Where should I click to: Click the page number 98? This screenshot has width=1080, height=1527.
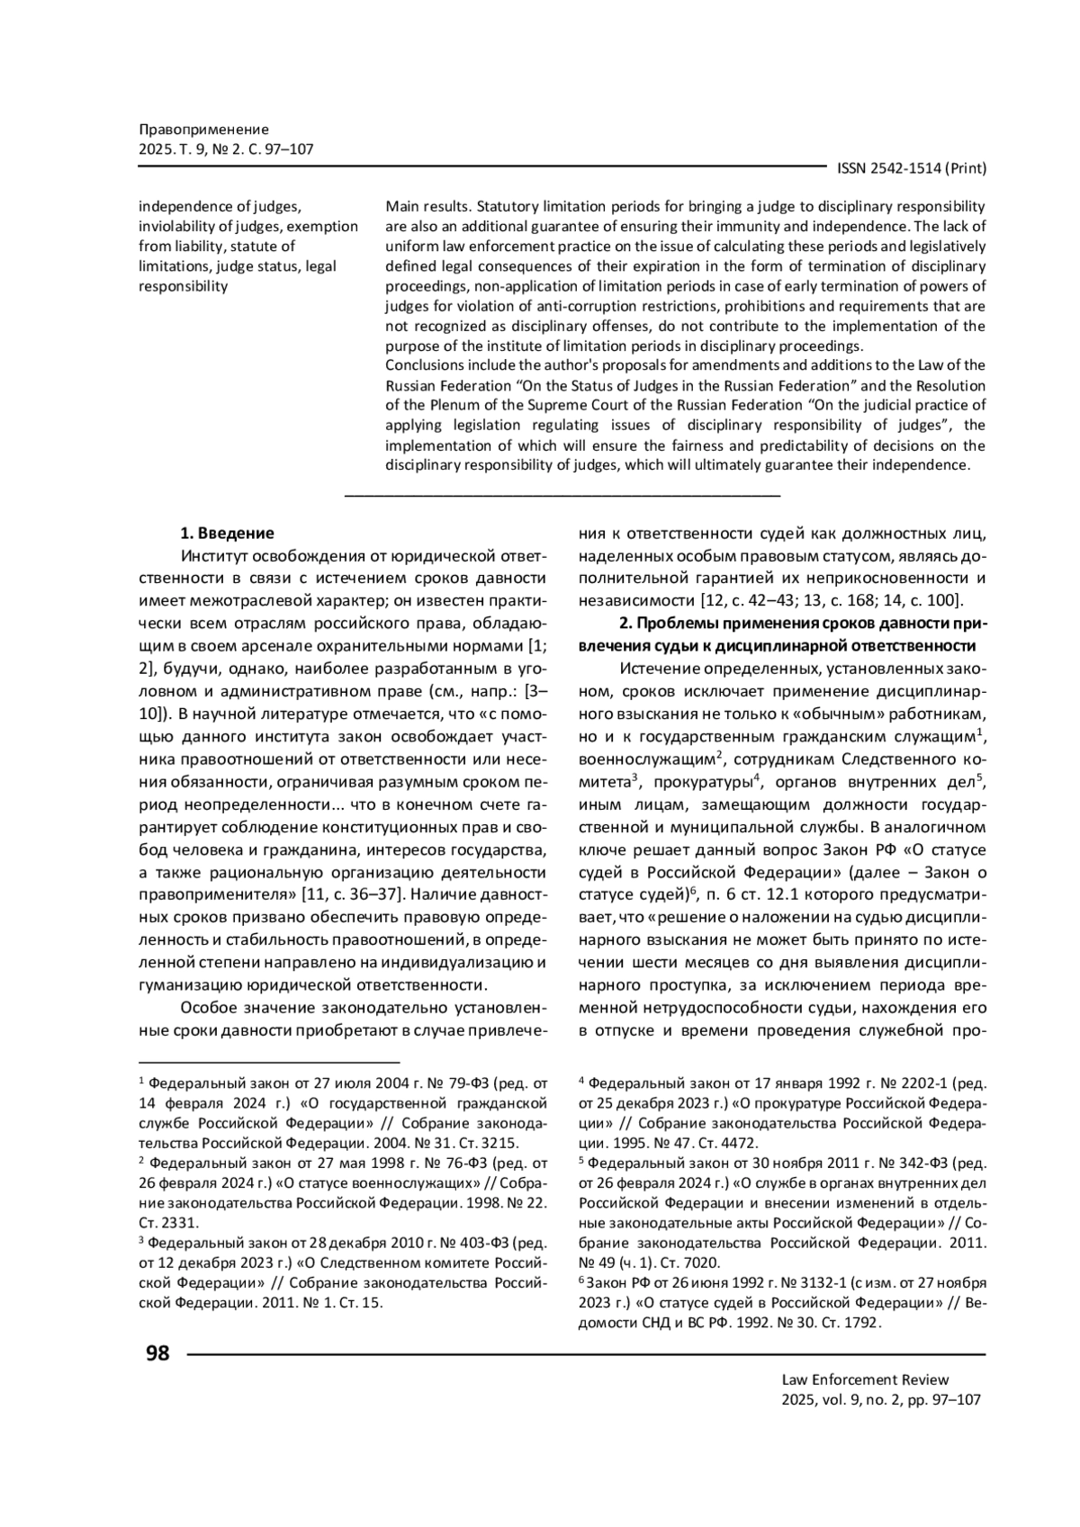[157, 1353]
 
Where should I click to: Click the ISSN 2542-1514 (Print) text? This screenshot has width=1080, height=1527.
[912, 168]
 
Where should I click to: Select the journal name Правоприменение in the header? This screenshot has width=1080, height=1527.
[203, 130]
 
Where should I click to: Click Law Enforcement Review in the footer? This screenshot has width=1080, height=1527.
[865, 1379]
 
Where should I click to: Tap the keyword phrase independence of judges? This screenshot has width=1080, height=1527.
[213, 207]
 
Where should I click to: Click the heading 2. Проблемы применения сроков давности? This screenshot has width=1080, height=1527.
[804, 624]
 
